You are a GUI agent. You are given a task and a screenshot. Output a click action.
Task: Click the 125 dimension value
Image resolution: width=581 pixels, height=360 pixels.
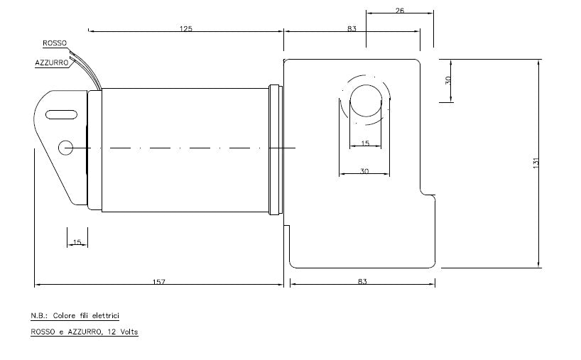(x=186, y=29)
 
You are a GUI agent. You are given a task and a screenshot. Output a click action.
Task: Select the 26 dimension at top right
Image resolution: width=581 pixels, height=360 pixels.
(x=399, y=11)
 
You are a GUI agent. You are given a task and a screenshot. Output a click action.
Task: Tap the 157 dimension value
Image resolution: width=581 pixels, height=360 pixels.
(x=158, y=282)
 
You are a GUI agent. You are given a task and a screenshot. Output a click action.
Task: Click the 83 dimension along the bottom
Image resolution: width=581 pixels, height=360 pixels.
(x=362, y=282)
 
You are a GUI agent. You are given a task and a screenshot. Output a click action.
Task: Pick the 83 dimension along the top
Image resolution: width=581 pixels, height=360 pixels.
(x=352, y=29)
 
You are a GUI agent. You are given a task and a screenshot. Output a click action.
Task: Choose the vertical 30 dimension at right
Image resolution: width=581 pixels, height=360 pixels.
(x=447, y=80)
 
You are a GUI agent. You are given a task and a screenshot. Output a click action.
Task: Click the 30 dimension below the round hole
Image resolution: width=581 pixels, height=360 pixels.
(x=365, y=170)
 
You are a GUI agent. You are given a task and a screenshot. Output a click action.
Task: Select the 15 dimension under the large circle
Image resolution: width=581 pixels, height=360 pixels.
(x=365, y=143)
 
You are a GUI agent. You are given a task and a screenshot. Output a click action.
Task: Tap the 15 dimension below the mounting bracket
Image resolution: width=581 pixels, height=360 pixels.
(x=77, y=243)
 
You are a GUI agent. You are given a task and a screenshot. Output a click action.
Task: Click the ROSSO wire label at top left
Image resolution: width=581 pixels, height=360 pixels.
(x=55, y=43)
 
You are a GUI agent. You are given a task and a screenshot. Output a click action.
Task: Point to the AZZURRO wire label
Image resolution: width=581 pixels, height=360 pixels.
(x=51, y=62)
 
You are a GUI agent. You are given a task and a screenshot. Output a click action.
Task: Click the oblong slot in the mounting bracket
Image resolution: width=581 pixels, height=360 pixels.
(x=62, y=114)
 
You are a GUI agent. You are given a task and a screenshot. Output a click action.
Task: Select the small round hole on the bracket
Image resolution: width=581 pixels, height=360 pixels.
(x=66, y=148)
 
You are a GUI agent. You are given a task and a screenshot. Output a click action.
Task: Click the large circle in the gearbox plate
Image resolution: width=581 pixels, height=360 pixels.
(x=366, y=101)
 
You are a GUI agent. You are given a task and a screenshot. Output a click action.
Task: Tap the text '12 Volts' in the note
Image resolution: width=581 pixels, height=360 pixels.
(x=123, y=332)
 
